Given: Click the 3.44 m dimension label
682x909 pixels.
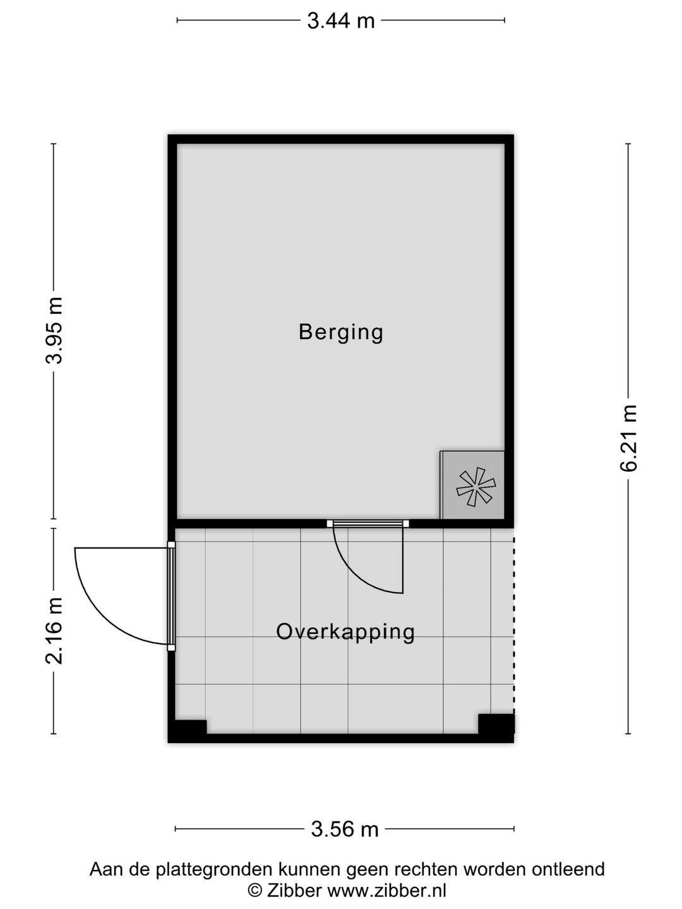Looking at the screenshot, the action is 341,21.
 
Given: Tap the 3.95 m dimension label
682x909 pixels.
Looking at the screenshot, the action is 54,331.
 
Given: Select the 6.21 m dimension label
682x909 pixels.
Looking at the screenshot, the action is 628,437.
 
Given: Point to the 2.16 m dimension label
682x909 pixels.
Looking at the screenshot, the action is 54,631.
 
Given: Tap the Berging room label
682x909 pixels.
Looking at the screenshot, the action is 341,333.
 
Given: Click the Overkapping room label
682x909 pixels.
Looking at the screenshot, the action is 345,633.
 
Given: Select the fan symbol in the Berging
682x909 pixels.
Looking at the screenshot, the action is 476,487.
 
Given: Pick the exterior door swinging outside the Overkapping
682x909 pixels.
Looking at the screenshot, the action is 124,596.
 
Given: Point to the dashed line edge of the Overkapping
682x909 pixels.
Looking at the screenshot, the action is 514,626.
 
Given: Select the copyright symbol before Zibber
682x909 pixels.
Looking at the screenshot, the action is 255,890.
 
